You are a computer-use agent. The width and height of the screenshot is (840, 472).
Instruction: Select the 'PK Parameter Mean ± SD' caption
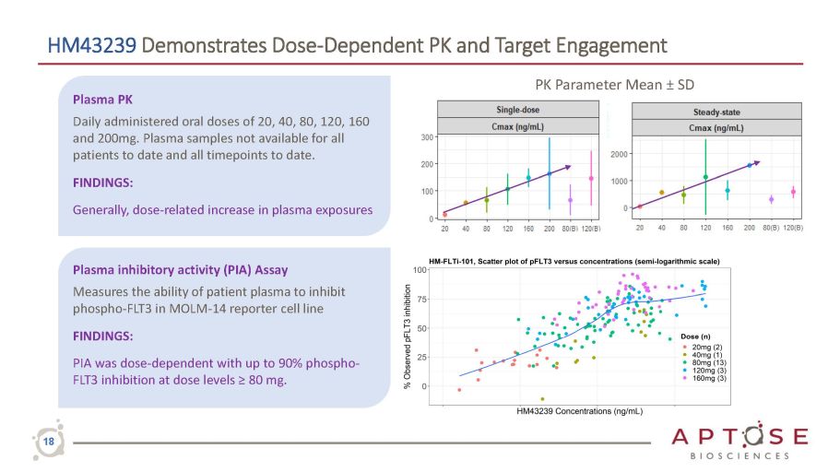click(x=614, y=85)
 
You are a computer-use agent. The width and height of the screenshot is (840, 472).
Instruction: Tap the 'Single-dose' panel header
click(x=519, y=109)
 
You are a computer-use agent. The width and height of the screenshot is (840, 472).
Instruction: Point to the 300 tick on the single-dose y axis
click(x=428, y=137)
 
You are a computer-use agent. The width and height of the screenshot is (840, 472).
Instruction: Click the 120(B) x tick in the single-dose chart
click(x=591, y=227)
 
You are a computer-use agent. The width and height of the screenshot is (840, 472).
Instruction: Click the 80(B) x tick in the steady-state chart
click(x=771, y=227)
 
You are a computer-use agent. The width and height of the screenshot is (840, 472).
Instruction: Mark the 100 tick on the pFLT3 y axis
click(x=420, y=270)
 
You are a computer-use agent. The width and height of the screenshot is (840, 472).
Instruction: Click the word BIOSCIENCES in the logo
click(x=740, y=455)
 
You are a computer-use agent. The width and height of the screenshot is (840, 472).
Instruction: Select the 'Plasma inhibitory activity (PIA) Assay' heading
click(x=173, y=270)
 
